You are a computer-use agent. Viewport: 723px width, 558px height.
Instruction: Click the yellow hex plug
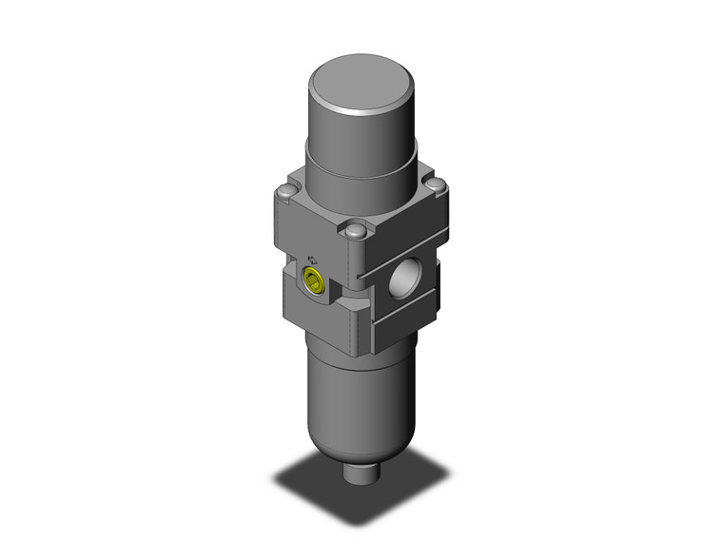click(313, 279)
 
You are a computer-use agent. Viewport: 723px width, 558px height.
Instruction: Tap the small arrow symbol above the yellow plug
click(313, 259)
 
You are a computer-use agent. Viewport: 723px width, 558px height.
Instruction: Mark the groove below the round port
click(409, 317)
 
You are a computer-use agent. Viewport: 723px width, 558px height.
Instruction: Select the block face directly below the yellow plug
click(314, 314)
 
